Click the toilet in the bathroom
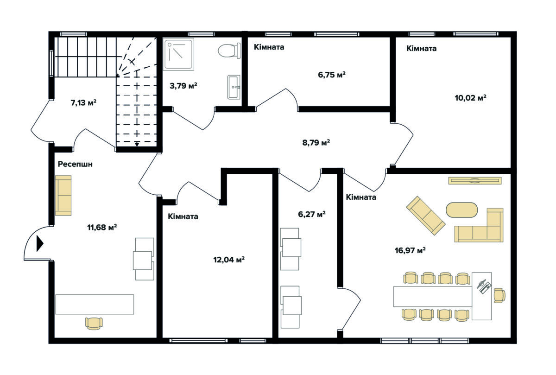point(229,51)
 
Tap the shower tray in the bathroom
point(178,54)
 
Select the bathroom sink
point(234,87)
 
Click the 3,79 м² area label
point(183,86)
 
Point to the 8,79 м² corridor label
point(316,143)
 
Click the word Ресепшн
point(75,164)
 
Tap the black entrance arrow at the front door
point(40,243)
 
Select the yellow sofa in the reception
point(63,196)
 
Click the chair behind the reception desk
point(94,324)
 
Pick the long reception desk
point(95,304)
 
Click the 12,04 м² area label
point(229,260)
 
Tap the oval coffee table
point(461,210)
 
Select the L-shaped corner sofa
point(479,225)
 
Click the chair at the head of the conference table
point(499,296)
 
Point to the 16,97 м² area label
point(410,250)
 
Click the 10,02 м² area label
point(470,98)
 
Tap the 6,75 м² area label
point(332,75)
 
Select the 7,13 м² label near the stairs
point(83,102)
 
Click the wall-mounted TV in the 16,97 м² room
point(474,180)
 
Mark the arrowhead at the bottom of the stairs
point(137,144)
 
